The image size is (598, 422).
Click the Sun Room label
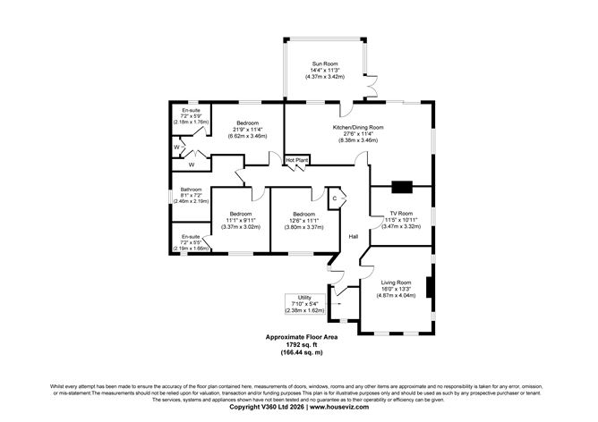[323, 64]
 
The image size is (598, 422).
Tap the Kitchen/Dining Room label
[358, 127]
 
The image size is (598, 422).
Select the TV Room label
[400, 214]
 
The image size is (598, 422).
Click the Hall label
[355, 235]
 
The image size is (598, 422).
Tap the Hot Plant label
[296, 160]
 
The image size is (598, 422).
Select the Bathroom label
[190, 189]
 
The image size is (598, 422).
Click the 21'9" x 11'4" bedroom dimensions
[247, 130]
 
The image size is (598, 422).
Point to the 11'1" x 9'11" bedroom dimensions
[241, 221]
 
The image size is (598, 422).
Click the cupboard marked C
[334, 198]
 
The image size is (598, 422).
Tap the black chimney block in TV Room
[400, 188]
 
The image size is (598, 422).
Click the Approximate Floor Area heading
[298, 336]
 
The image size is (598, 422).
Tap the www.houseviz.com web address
[342, 407]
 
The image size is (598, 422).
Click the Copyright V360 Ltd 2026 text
[267, 407]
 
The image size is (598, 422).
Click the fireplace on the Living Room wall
[429, 288]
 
